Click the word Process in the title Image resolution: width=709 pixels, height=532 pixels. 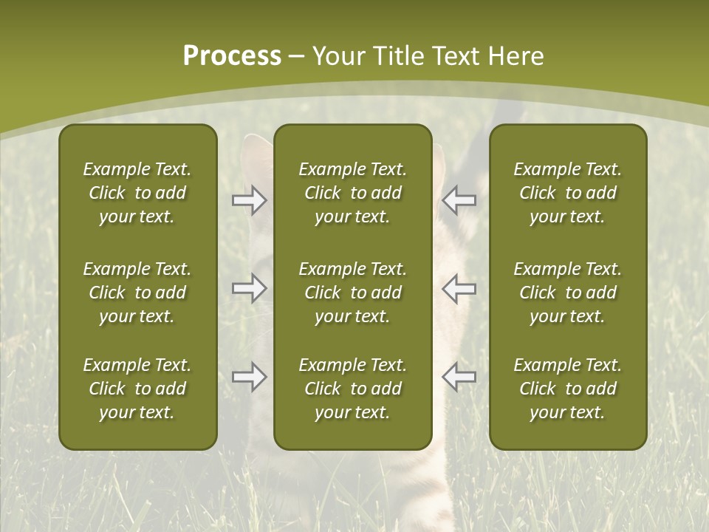232,56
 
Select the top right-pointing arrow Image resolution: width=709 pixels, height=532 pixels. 249,200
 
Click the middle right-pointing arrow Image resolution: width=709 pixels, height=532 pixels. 249,288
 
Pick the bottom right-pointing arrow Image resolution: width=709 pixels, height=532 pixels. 249,377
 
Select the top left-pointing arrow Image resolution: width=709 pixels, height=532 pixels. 459,200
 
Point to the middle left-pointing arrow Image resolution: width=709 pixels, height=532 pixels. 459,288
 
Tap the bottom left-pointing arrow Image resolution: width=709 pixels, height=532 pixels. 459,377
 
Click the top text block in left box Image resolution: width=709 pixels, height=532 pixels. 137,193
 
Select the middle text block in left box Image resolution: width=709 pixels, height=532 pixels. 137,293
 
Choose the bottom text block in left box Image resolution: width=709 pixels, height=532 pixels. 137,389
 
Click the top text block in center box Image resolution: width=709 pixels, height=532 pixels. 352,193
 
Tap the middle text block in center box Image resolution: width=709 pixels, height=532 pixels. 352,293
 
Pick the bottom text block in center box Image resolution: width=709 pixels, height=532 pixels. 352,389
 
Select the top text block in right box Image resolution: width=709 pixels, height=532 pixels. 567,193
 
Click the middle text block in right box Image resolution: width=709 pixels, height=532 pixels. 567,293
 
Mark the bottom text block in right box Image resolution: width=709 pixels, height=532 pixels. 567,389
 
